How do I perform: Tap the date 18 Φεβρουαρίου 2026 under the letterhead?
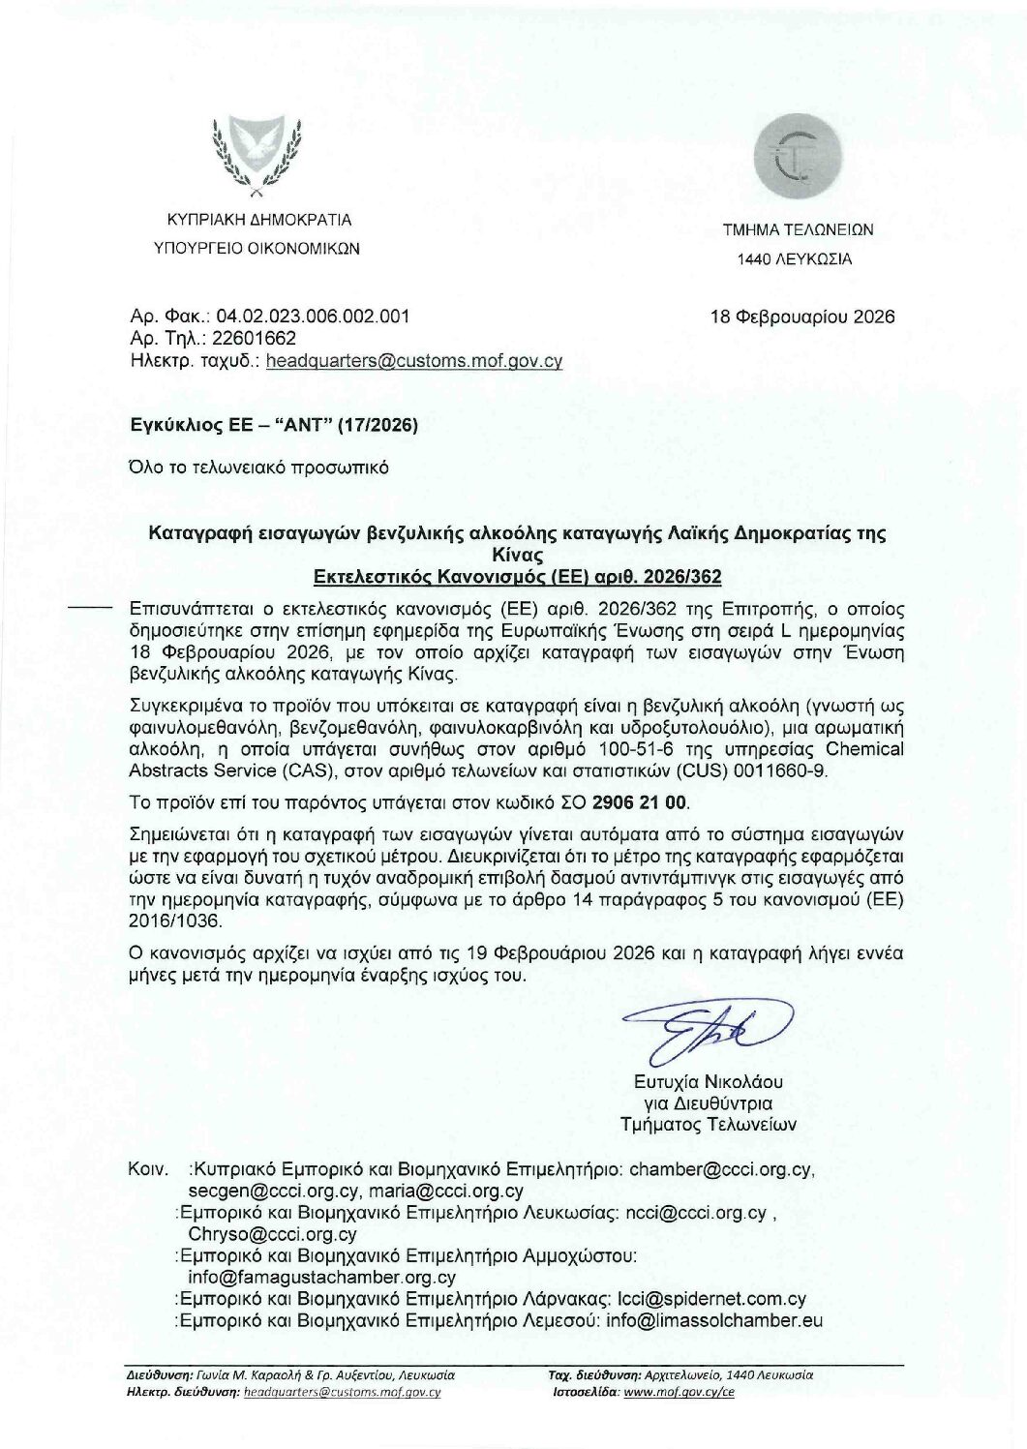coord(802,317)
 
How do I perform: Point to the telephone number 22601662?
coord(255,339)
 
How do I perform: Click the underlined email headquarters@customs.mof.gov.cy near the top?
coord(413,361)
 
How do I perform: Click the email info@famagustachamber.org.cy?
coord(321,1277)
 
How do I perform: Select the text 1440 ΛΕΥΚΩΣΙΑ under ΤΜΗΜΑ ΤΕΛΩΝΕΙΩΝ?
coord(795,259)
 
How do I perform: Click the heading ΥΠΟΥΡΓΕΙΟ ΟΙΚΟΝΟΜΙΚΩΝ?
coord(257,248)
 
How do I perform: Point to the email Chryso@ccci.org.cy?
coord(272,1234)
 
